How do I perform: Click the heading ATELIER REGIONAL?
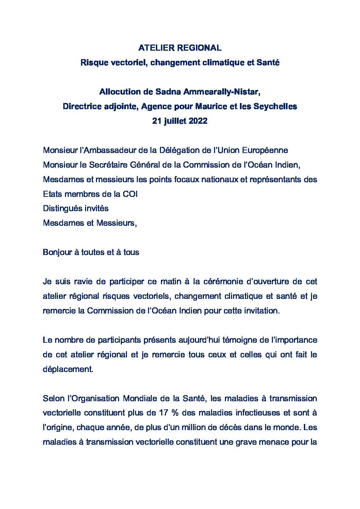180,48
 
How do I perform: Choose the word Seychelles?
275,106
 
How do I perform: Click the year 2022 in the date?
198,121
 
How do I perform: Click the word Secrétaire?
108,165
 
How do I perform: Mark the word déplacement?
68,369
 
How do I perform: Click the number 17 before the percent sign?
163,413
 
